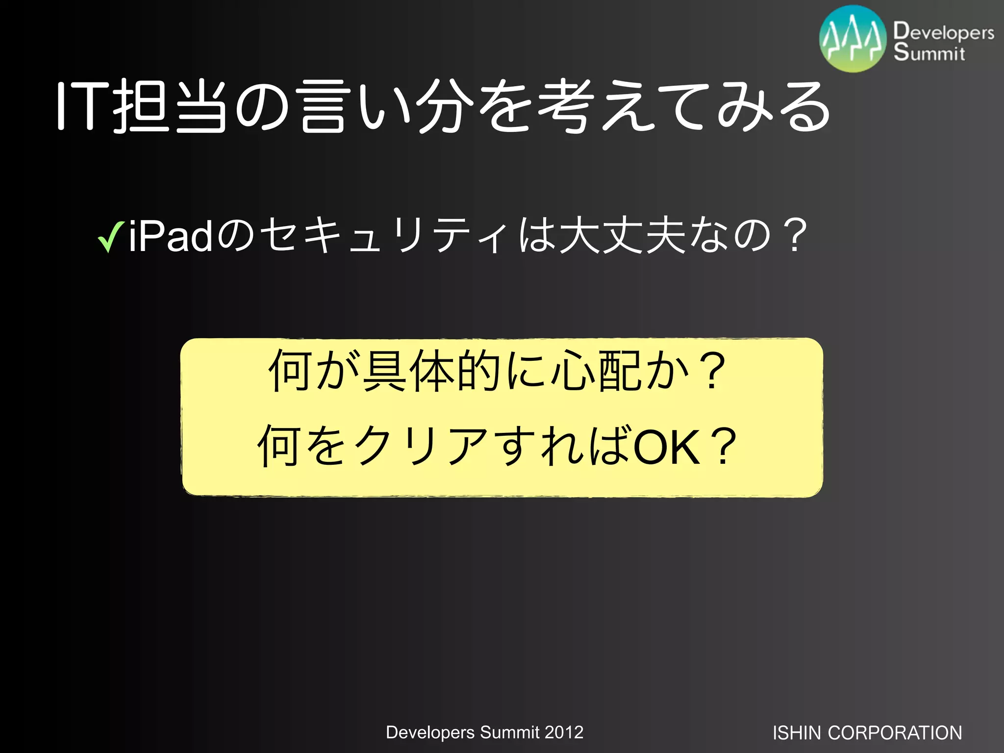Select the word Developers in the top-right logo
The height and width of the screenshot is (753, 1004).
pyautogui.click(x=944, y=31)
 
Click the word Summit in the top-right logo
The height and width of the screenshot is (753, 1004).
pyautogui.click(x=929, y=52)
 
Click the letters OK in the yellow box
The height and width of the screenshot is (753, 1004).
pyautogui.click(x=667, y=446)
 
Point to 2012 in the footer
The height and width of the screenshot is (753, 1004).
pyautogui.click(x=564, y=732)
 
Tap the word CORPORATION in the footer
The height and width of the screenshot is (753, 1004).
pyautogui.click(x=895, y=733)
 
